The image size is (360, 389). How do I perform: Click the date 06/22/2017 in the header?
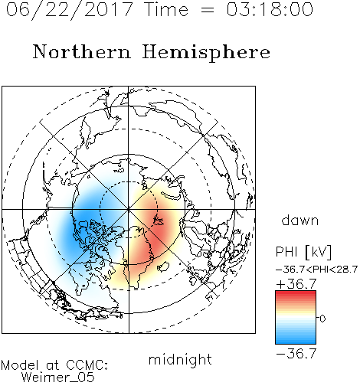tap(70, 10)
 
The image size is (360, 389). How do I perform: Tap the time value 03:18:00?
tap(270, 9)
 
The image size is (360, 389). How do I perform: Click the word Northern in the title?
tap(82, 51)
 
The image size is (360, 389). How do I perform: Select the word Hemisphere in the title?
tap(206, 53)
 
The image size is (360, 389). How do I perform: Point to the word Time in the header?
tap(166, 9)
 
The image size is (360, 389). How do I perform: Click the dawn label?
tap(300, 220)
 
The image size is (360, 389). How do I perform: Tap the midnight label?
tap(180, 359)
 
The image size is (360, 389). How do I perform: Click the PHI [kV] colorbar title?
tap(303, 252)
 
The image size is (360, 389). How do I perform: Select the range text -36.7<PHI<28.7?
tap(316, 270)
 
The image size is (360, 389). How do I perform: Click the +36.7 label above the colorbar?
tap(296, 284)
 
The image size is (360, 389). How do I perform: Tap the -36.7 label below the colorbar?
tap(296, 354)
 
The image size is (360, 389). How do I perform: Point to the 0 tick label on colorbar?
tap(322, 319)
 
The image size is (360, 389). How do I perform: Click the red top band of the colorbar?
tap(296, 294)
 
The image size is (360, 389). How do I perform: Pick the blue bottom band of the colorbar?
tap(296, 341)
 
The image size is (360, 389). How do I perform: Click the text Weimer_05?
tap(58, 378)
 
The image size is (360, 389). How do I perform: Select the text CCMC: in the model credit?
tap(87, 365)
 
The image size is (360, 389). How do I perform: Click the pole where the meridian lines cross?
tap(129, 210)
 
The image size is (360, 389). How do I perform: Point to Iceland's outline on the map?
tap(163, 266)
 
